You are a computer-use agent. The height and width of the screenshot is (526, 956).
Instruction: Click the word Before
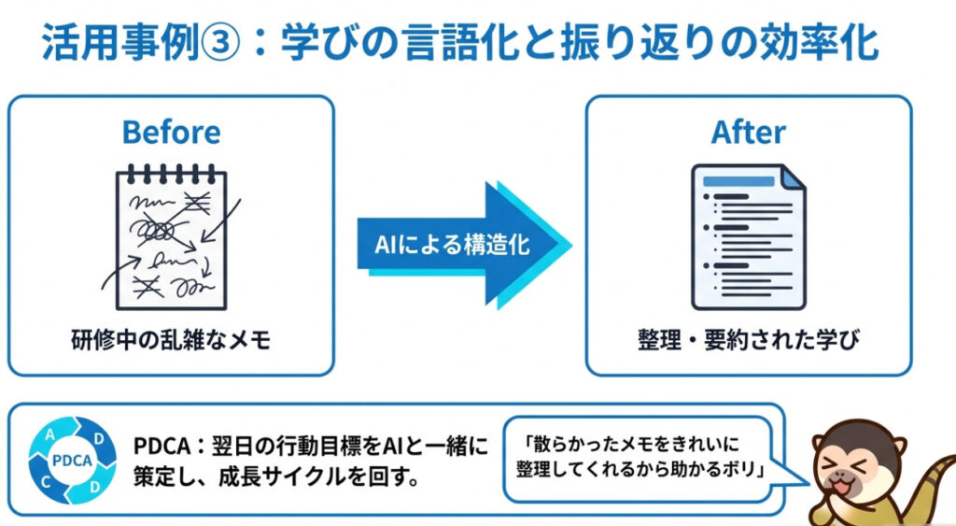[171, 132]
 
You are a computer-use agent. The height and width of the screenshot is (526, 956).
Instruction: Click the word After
[749, 132]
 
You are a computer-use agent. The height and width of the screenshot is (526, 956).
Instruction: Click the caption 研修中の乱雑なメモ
[171, 340]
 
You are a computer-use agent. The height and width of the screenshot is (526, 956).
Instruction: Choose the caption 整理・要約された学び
[749, 340]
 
